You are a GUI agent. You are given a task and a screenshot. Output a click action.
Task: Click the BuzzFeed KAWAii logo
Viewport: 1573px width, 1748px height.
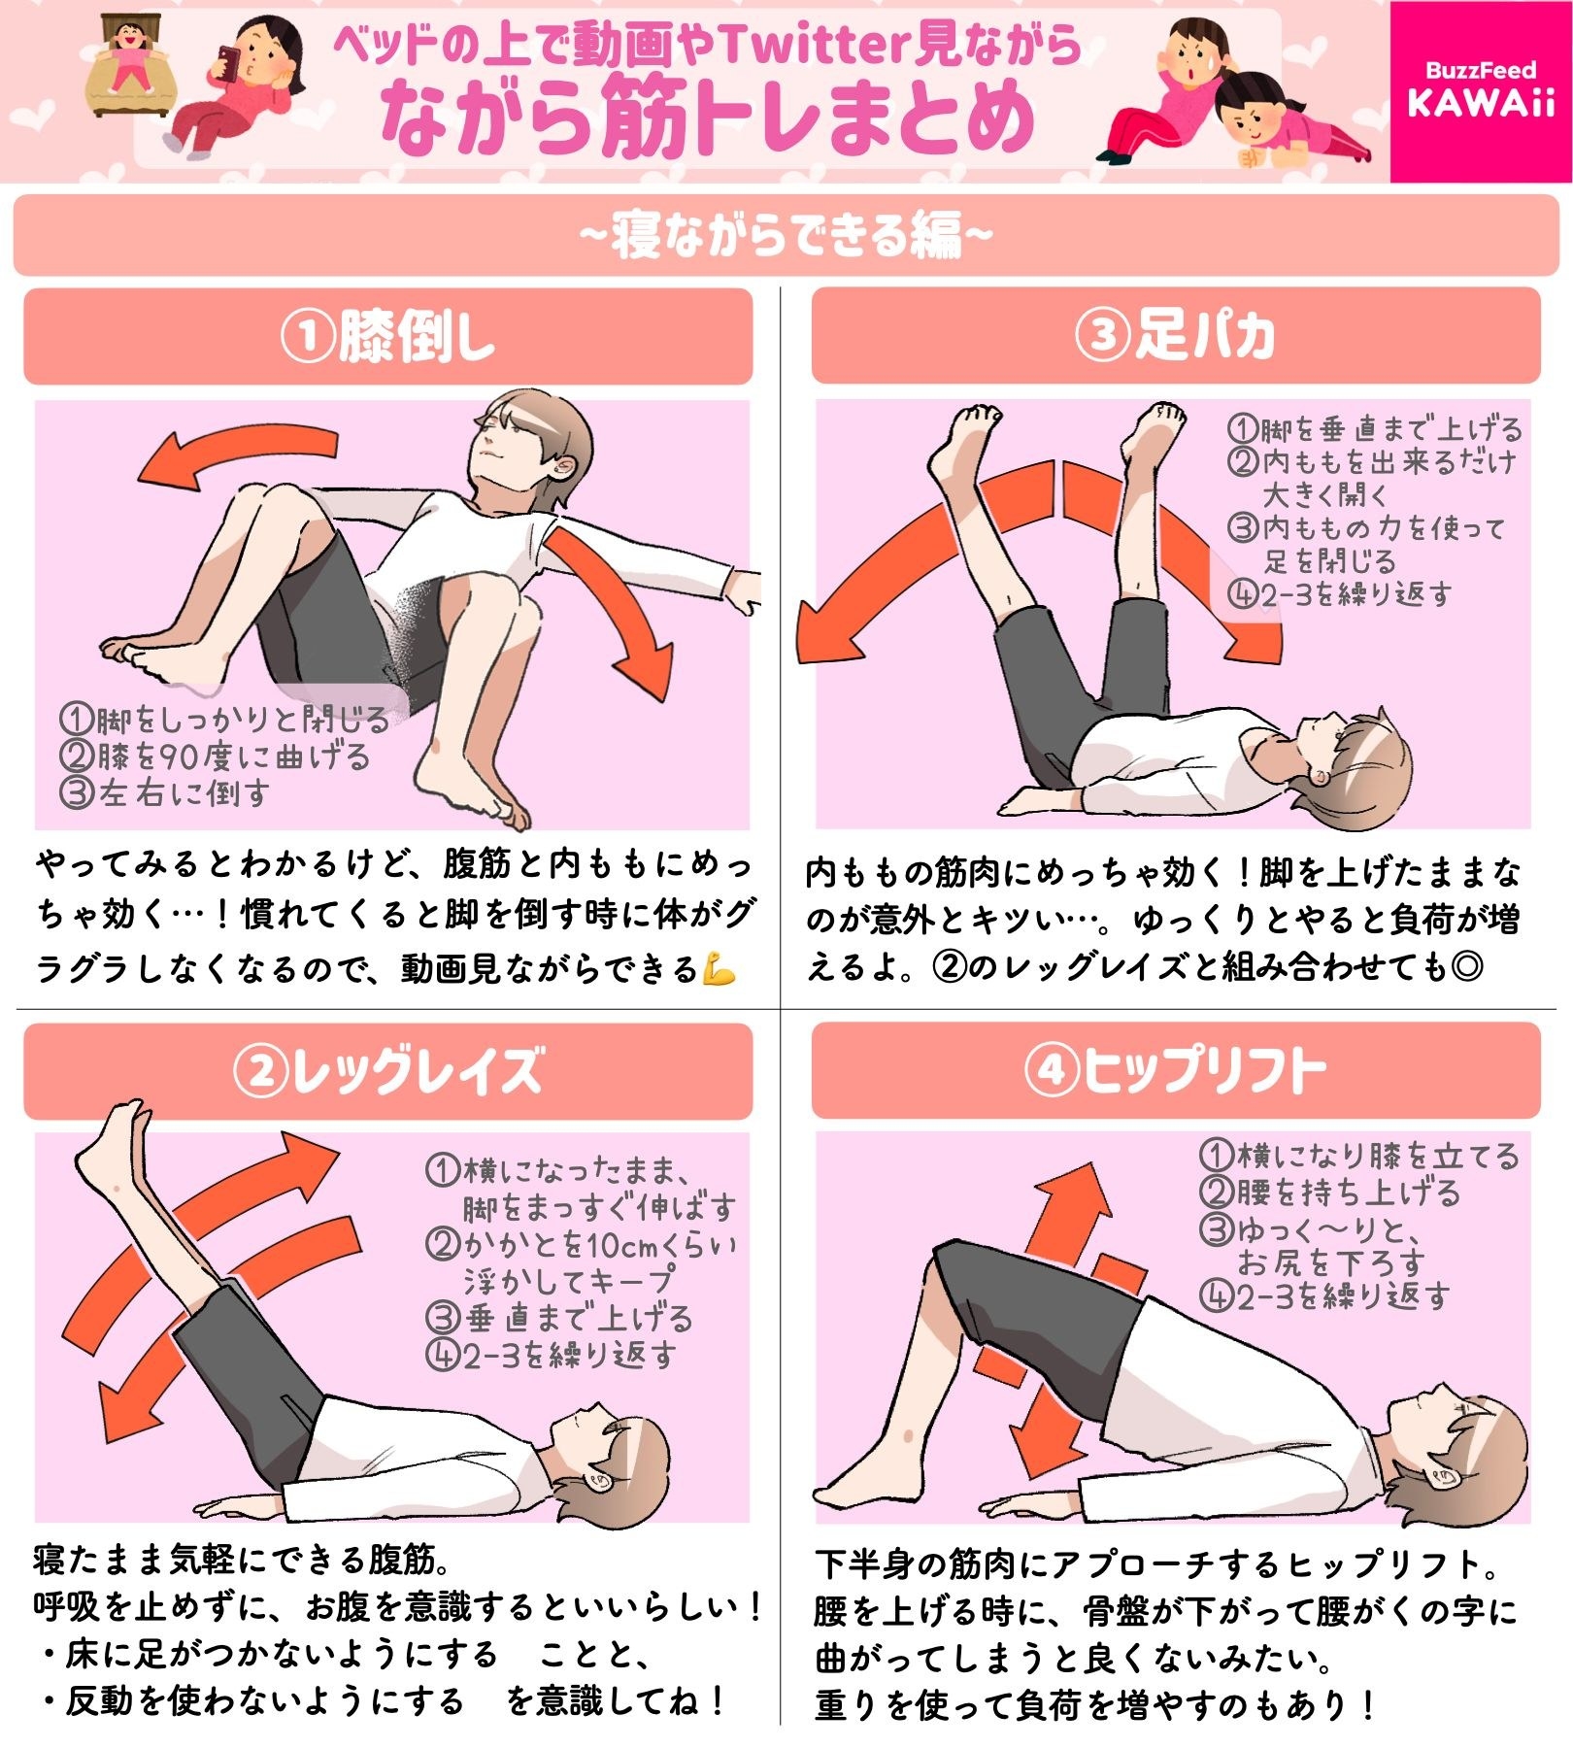[x=1480, y=90]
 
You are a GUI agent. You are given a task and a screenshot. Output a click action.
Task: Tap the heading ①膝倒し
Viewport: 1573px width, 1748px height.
[x=387, y=336]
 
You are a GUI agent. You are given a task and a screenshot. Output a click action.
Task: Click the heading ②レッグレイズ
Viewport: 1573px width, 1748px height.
[x=387, y=1070]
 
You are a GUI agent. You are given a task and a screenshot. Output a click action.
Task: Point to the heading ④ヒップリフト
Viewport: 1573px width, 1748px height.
[x=1175, y=1070]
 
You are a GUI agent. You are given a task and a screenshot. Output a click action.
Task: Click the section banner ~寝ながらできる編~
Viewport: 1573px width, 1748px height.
[x=786, y=235]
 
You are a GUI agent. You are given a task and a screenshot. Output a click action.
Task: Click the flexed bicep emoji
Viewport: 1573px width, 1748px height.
[x=720, y=969]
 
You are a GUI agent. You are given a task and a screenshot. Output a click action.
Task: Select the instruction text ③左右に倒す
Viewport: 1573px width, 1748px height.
[x=165, y=793]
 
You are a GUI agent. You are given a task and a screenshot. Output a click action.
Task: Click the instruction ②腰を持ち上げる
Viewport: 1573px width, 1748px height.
[x=1330, y=1193]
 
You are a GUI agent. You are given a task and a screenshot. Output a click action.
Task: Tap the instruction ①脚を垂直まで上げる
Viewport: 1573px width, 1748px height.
[x=1374, y=428]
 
